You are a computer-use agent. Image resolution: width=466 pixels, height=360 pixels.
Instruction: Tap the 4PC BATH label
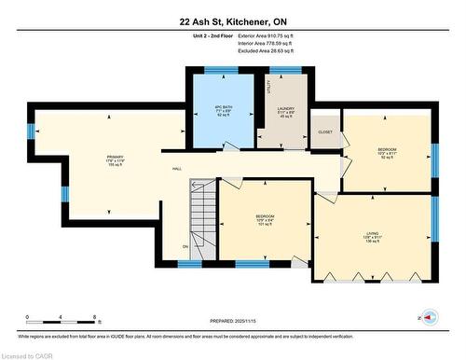(222, 104)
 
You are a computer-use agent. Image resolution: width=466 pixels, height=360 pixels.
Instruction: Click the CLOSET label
(324, 132)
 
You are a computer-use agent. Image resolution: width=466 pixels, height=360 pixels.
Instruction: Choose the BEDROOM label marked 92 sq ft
(387, 150)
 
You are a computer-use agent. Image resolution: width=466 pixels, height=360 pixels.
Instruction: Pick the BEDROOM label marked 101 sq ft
(265, 215)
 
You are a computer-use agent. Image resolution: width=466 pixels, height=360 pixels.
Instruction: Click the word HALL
(176, 169)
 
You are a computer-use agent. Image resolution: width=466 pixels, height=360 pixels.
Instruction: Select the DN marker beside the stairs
(185, 246)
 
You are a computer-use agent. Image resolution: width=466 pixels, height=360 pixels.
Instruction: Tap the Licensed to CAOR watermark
(28, 353)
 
